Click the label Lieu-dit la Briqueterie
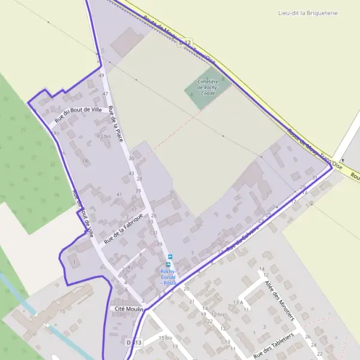(308, 13)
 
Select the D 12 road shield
(185, 43)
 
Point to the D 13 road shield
(134, 342)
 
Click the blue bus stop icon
(169, 263)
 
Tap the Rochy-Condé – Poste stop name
(168, 277)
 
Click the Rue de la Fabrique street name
(124, 228)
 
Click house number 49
(101, 76)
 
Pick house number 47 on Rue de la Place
(106, 94)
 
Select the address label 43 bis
(104, 136)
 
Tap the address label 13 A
(238, 302)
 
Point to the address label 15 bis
(165, 338)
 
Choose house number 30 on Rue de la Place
(131, 158)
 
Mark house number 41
(119, 194)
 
